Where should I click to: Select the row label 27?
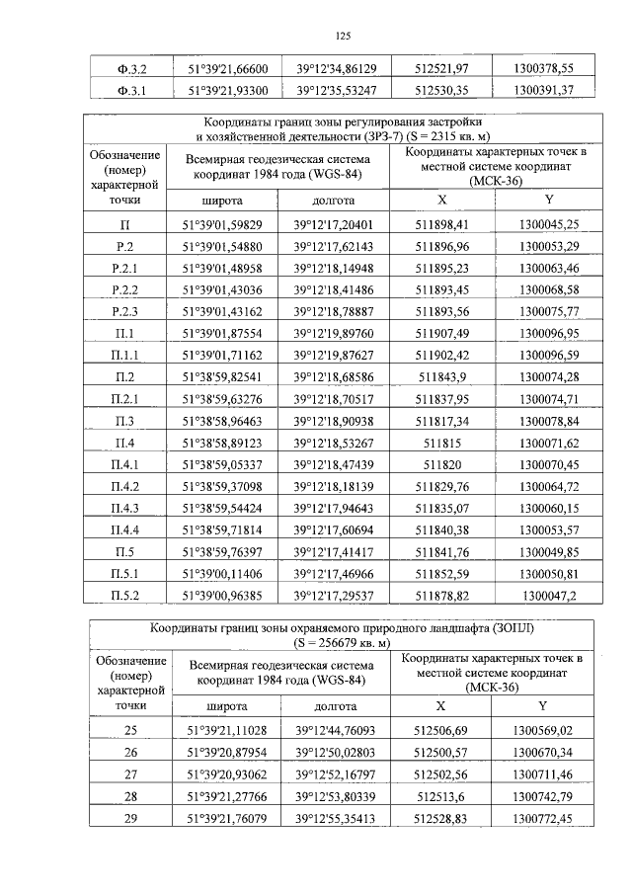point(125,772)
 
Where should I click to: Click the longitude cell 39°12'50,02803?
point(336,752)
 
